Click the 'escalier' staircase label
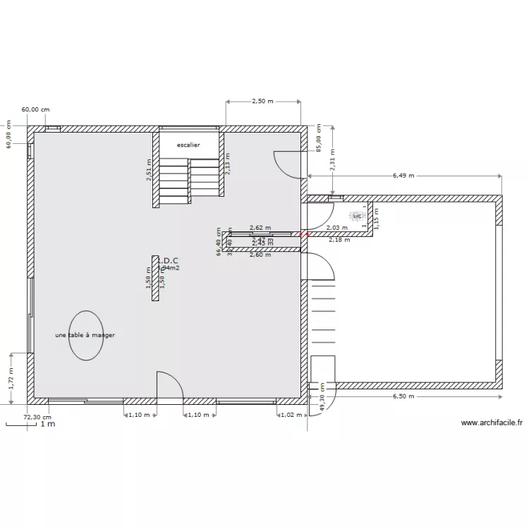189,145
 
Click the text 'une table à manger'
85,336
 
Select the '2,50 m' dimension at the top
262,102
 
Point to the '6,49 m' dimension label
403,176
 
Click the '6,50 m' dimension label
403,396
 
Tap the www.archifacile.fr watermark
492,423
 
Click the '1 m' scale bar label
47,425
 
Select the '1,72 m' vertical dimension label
11,379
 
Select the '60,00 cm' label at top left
36,110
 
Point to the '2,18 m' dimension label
339,241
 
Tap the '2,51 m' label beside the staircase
149,171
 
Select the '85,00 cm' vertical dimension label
319,138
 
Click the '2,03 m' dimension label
337,228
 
